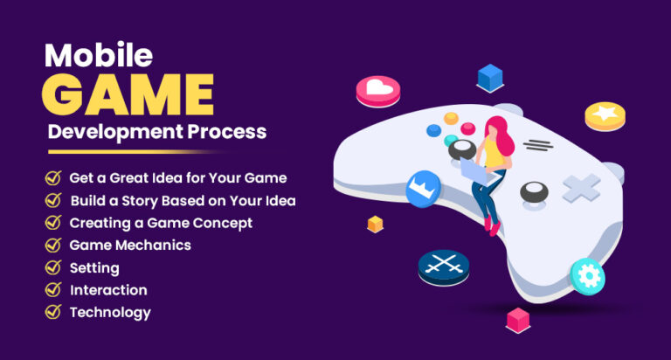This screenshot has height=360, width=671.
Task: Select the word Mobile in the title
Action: pyautogui.click(x=98, y=55)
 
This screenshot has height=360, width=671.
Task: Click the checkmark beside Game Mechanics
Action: pyautogui.click(x=53, y=246)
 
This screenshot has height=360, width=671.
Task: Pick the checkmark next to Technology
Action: pyautogui.click(x=53, y=312)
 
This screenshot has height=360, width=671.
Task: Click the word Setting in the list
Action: pyautogui.click(x=94, y=267)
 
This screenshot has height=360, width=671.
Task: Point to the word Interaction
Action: pyautogui.click(x=108, y=290)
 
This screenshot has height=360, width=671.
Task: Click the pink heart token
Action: pyautogui.click(x=377, y=89)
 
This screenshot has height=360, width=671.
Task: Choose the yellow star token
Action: pyautogui.click(x=604, y=114)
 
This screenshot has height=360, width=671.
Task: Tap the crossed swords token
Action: pyautogui.click(x=443, y=267)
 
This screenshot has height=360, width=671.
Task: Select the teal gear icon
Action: pyautogui.click(x=588, y=277)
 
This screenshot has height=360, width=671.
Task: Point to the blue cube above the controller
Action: pyautogui.click(x=489, y=79)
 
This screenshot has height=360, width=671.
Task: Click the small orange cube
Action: pyautogui.click(x=375, y=224)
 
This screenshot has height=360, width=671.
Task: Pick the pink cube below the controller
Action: pyautogui.click(x=519, y=319)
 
